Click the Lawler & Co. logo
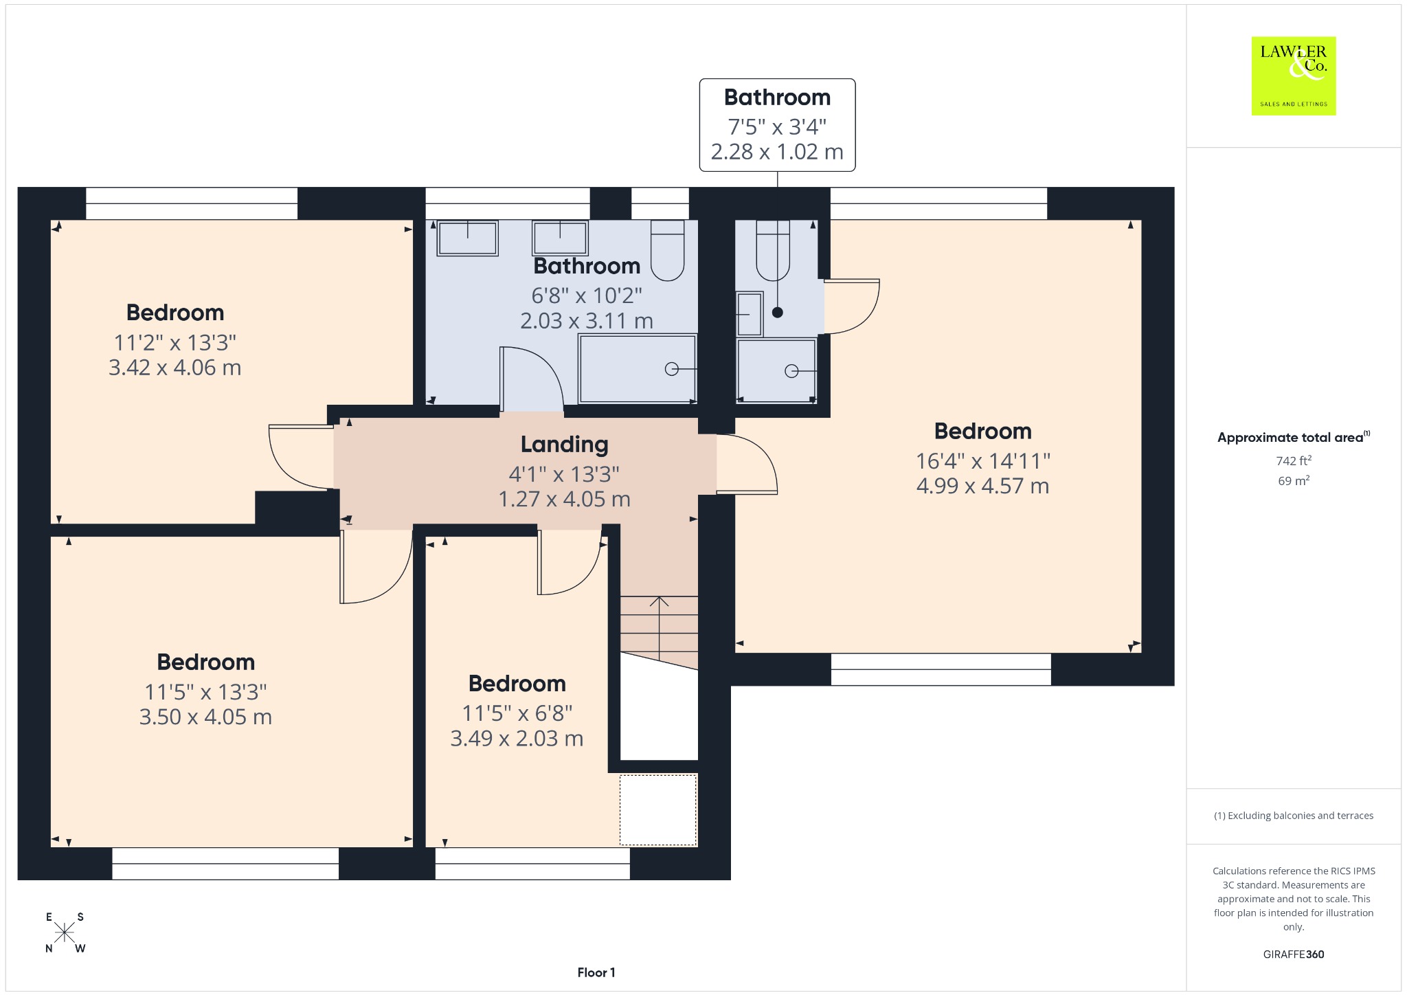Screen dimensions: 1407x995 (1293, 76)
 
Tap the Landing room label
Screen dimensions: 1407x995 (564, 445)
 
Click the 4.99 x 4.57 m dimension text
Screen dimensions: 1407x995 (982, 486)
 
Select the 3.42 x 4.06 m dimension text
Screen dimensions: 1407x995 (175, 368)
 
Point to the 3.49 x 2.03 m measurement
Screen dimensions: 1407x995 (517, 739)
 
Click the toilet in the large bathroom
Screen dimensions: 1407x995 (667, 250)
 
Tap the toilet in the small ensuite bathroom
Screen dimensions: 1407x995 (773, 250)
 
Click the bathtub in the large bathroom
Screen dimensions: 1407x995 (638, 368)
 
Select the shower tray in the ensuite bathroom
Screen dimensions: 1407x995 (776, 370)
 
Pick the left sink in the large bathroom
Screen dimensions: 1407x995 (467, 238)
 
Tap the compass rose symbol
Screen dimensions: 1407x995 (65, 932)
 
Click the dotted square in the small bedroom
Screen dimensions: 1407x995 (658, 810)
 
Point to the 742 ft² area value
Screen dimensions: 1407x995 (1294, 460)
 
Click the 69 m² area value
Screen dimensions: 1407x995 (1294, 480)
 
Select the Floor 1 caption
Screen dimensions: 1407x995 (596, 972)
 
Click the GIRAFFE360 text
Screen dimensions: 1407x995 (1294, 954)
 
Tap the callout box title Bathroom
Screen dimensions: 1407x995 (777, 98)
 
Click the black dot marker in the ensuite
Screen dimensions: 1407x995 (777, 313)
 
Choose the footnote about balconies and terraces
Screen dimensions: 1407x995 (1294, 816)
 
